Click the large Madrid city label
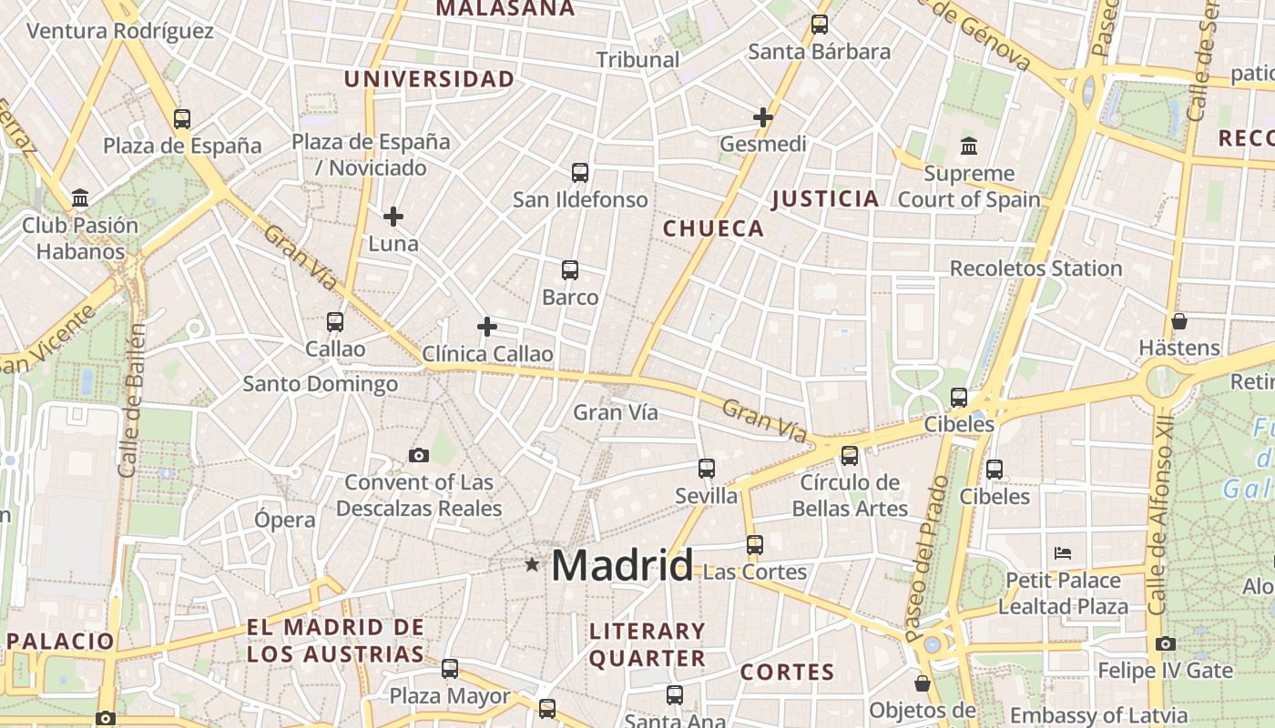622,565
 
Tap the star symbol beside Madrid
532,565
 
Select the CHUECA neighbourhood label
714,228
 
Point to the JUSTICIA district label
825,198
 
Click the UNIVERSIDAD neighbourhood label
429,79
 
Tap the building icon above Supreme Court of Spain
969,146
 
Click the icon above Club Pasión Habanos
80,197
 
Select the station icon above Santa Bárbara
820,25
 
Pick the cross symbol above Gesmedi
763,117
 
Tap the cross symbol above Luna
393,217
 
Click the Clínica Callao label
487,354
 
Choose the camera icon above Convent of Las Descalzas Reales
419,455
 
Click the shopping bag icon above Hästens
1179,321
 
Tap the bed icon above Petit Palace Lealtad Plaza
1063,552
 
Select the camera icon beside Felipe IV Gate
1166,644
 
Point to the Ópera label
285,520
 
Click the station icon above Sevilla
707,469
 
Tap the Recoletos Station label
1035,268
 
